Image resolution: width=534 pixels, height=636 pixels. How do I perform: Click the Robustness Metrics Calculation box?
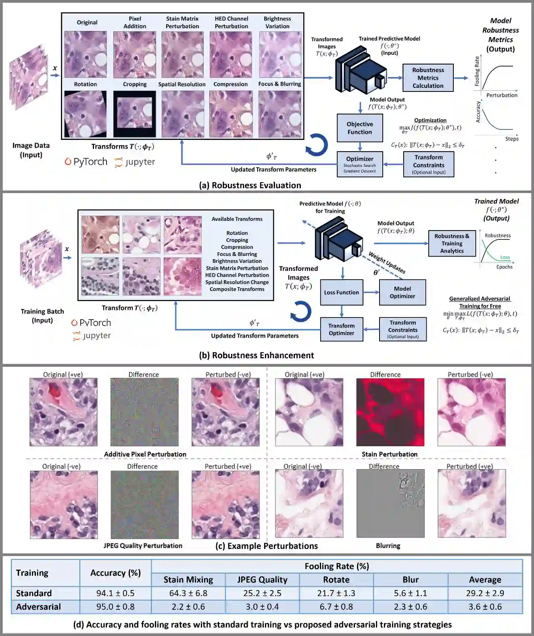click(428, 78)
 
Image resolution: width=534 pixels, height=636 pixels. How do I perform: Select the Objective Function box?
click(360, 128)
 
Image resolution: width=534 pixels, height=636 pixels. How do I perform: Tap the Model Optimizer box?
click(402, 292)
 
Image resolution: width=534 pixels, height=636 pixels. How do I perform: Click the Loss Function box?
click(341, 292)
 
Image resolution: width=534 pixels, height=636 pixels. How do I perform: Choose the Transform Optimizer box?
click(341, 329)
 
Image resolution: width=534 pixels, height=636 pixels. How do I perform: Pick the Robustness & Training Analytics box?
click(452, 243)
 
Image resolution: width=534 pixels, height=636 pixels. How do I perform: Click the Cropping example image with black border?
click(134, 114)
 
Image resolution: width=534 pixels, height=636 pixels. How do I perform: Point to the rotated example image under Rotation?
click(85, 114)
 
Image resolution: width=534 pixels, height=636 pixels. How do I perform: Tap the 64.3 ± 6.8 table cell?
click(188, 593)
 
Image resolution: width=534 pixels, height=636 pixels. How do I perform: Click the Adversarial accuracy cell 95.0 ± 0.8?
click(115, 607)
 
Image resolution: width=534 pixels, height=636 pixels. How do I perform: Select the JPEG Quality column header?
click(262, 580)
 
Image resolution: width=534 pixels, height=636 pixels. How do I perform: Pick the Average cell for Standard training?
click(485, 593)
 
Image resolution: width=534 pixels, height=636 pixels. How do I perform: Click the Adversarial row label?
click(38, 607)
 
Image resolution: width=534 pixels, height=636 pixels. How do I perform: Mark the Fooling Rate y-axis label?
click(477, 71)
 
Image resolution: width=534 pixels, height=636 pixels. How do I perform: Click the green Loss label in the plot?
click(505, 257)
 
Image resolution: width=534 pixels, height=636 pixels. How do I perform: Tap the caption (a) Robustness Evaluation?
click(250, 185)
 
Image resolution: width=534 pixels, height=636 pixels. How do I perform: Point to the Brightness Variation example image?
click(280, 54)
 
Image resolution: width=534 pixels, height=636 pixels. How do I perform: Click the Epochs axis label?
click(504, 267)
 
